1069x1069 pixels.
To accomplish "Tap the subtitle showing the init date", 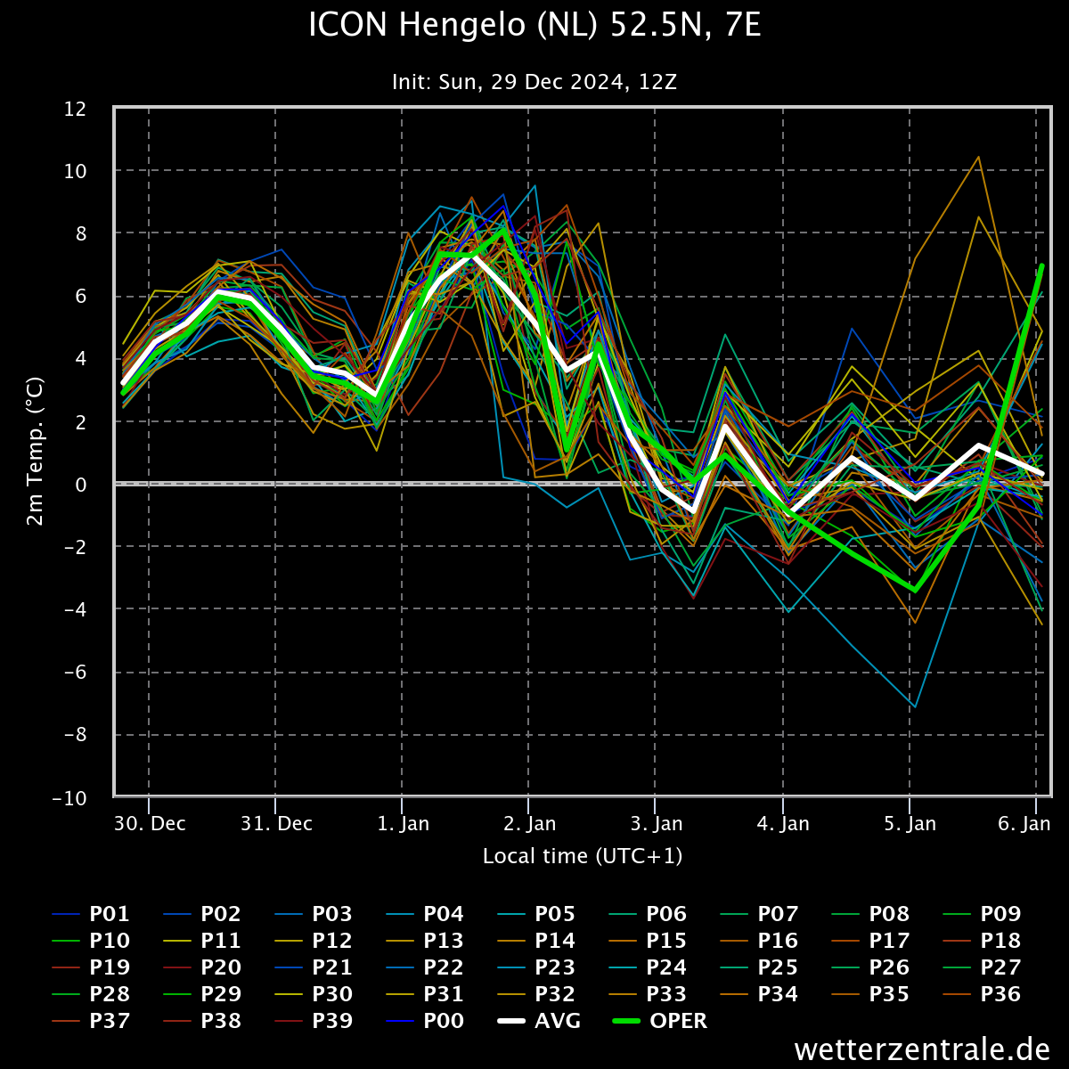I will (534, 82).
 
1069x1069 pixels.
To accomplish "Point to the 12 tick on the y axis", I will (75, 109).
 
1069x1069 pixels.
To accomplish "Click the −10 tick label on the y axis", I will (69, 798).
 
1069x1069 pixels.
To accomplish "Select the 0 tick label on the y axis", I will (80, 485).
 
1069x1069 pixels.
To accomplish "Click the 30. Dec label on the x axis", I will (150, 823).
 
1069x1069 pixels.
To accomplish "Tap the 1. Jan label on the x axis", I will (403, 823).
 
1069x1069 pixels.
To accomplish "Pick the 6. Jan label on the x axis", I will (1024, 823).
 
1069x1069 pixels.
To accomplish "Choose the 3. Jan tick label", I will (657, 823).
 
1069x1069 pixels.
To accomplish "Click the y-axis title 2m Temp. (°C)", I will (36, 453).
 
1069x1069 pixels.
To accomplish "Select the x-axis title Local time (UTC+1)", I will (583, 856).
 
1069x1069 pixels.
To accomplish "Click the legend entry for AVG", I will (557, 1021).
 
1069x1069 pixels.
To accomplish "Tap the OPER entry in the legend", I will (678, 1021).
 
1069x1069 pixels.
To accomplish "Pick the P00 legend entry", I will (443, 1021).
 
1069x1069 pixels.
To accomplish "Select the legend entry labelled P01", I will (109, 914).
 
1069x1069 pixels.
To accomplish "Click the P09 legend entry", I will (1000, 914).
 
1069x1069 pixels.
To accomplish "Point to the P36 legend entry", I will (1000, 994).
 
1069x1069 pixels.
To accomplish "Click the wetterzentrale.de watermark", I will (922, 1049).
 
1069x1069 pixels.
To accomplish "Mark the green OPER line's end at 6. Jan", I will (1041, 265).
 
